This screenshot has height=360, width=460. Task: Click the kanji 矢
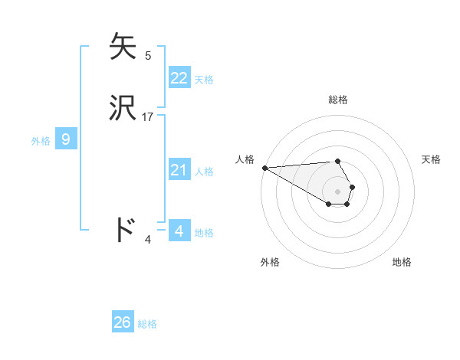pos(124,47)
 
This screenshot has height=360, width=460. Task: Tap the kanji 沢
pos(124,108)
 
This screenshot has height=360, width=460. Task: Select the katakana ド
pos(124,230)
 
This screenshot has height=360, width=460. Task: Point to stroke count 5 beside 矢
pos(148,56)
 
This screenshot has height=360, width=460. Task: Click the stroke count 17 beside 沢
pos(148,117)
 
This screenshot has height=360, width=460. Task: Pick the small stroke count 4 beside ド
pos(148,240)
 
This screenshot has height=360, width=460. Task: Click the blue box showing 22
pos(179,78)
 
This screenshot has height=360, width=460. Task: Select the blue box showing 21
pos(179,170)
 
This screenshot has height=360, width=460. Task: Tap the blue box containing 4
pos(179,231)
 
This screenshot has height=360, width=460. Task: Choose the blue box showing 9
pos(66,139)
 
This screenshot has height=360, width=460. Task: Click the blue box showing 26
pos(123,322)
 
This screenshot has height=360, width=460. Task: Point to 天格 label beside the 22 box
pos(204,80)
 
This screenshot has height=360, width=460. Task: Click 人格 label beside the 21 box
pos(204,172)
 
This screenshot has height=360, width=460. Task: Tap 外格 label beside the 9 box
pos(41,141)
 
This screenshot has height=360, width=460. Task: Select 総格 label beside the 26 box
pos(147,324)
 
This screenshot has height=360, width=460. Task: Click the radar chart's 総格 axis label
pos(338,100)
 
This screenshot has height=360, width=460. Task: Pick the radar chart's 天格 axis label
pos(431,159)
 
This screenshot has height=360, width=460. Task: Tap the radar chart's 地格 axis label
pos(402,262)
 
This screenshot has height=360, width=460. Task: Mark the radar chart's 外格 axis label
pos(270,262)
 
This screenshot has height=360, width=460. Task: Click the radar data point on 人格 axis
pos(264,168)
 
